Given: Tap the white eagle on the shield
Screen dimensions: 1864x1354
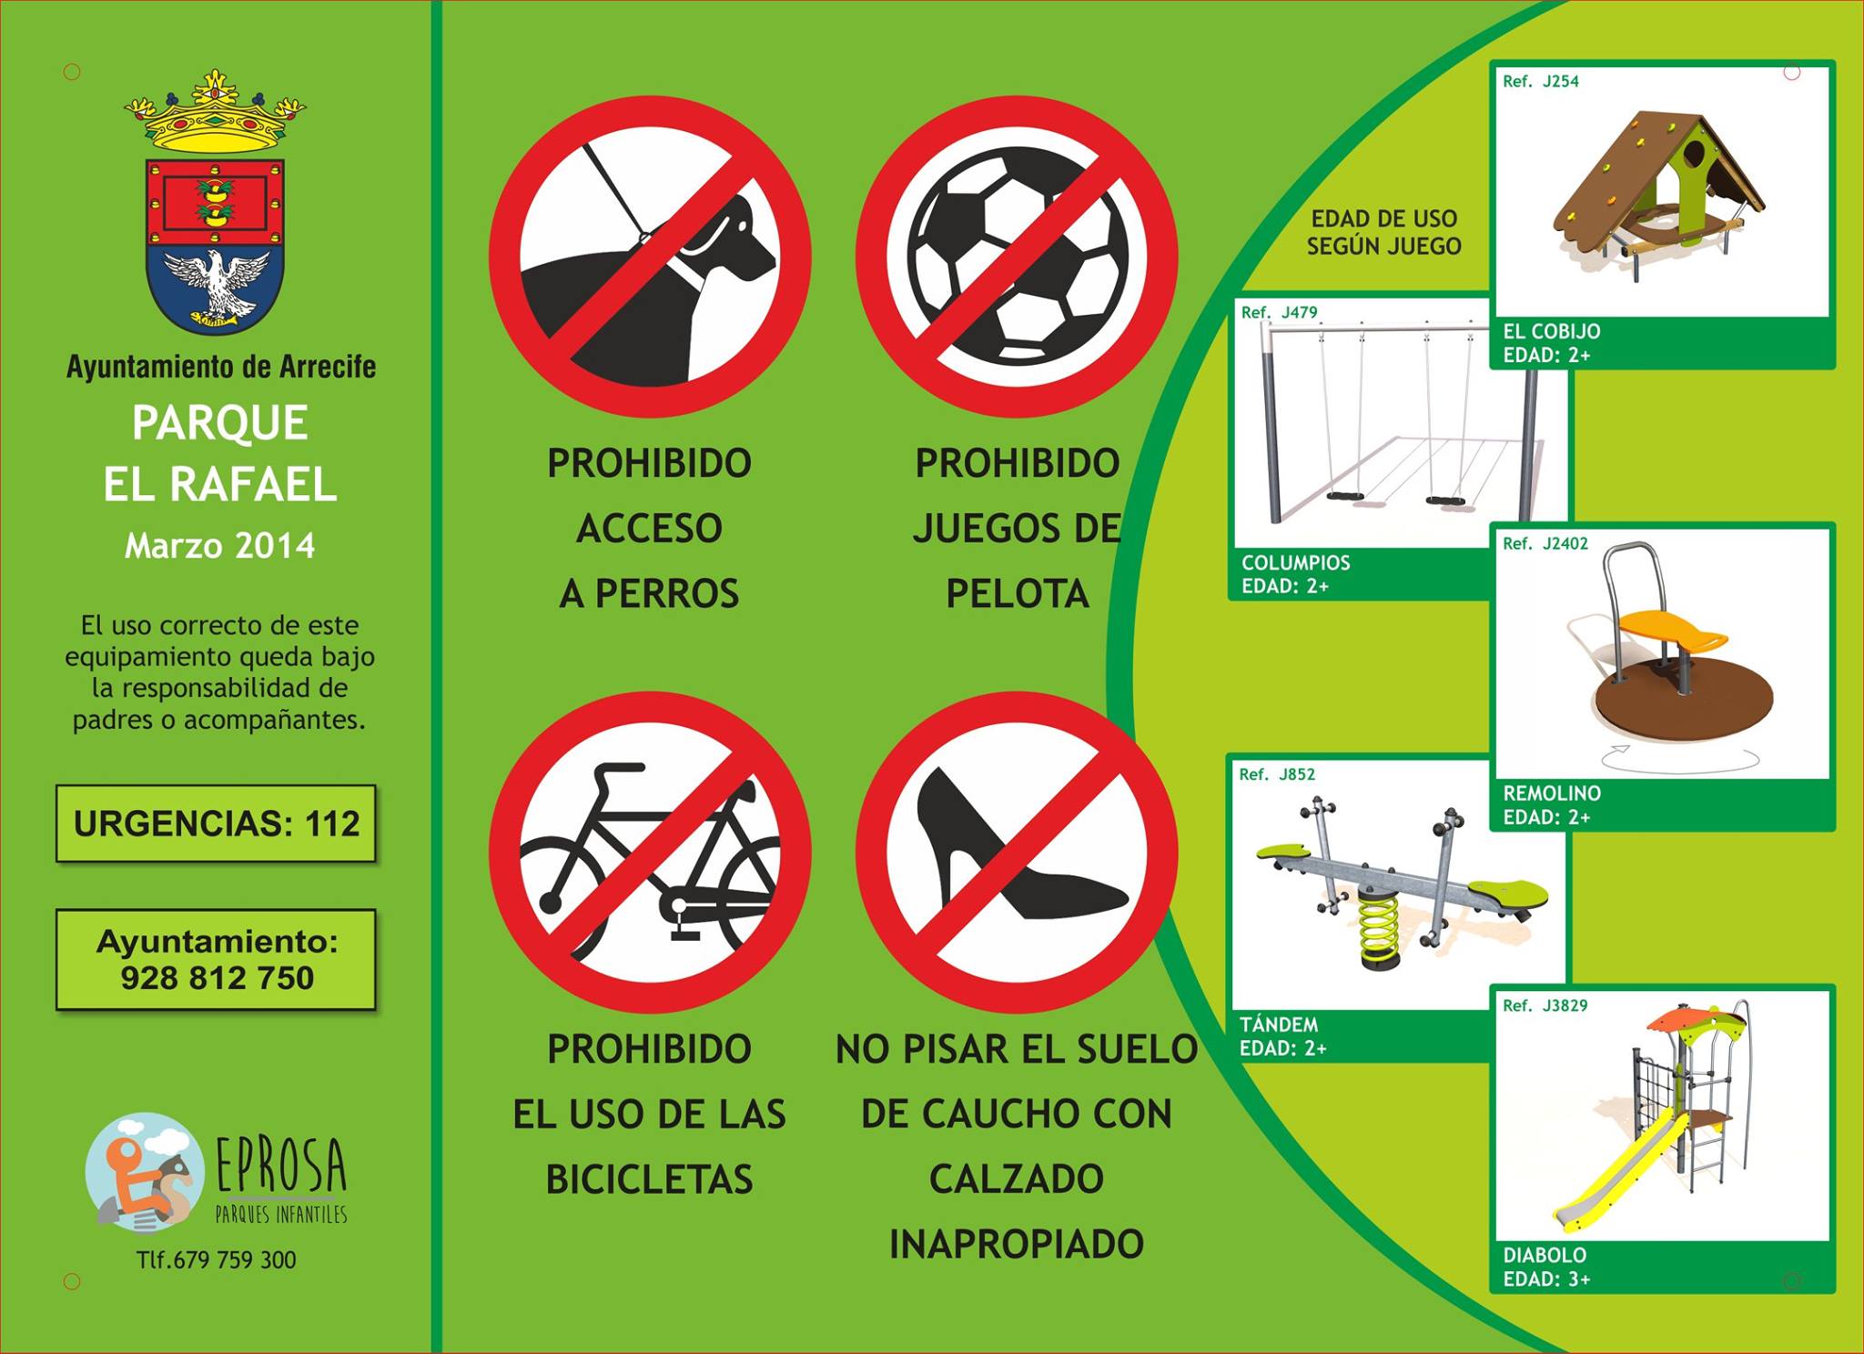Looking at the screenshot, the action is tap(217, 283).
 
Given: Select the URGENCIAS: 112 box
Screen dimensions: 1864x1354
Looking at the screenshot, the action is tap(216, 824).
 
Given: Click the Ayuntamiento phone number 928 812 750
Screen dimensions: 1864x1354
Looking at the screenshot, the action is tap(218, 978).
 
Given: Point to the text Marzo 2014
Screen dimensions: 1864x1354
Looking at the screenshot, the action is tap(220, 546).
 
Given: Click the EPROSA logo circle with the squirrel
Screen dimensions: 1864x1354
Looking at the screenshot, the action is tap(144, 1172).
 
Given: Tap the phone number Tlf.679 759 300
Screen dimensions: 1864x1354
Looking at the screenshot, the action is tap(217, 1260).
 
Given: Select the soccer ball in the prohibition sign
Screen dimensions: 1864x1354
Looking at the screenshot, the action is tap(1018, 254).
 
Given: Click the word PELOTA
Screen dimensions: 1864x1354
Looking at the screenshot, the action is tap(1018, 594).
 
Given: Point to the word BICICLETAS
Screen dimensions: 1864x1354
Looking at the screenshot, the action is tap(649, 1180).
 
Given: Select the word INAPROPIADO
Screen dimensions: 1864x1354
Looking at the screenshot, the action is tap(1017, 1245).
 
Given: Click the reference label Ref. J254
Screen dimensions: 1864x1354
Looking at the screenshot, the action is tap(1541, 82).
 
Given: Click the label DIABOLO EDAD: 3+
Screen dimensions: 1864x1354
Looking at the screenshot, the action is tap(1546, 1268).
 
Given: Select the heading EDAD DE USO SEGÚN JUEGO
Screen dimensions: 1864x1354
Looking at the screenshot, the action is tap(1384, 232).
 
